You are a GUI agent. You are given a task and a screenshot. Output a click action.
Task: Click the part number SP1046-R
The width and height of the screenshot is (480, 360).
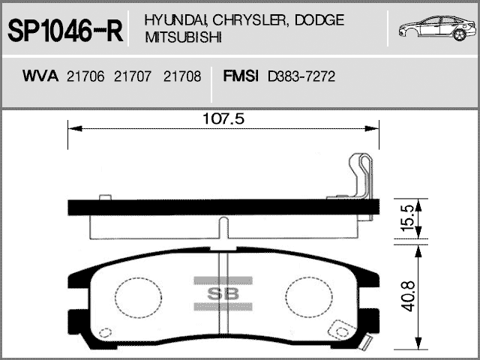pyautogui.click(x=65, y=31)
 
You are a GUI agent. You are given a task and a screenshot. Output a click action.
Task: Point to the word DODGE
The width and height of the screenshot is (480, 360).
pyautogui.click(x=319, y=20)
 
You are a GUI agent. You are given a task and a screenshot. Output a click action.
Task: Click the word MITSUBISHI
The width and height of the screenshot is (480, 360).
pyautogui.click(x=183, y=37)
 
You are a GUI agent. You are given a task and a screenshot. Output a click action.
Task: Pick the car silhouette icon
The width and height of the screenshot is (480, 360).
pyautogui.click(x=437, y=28)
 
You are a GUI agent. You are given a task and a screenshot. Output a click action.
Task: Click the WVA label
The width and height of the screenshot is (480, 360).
pyautogui.click(x=40, y=76)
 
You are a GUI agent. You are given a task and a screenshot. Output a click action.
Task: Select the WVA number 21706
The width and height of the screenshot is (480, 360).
pyautogui.click(x=85, y=76)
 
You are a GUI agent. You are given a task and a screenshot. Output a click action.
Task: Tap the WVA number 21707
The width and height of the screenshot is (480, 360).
pyautogui.click(x=133, y=76)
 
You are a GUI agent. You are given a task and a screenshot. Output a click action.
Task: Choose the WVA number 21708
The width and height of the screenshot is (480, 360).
pyautogui.click(x=182, y=76)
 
